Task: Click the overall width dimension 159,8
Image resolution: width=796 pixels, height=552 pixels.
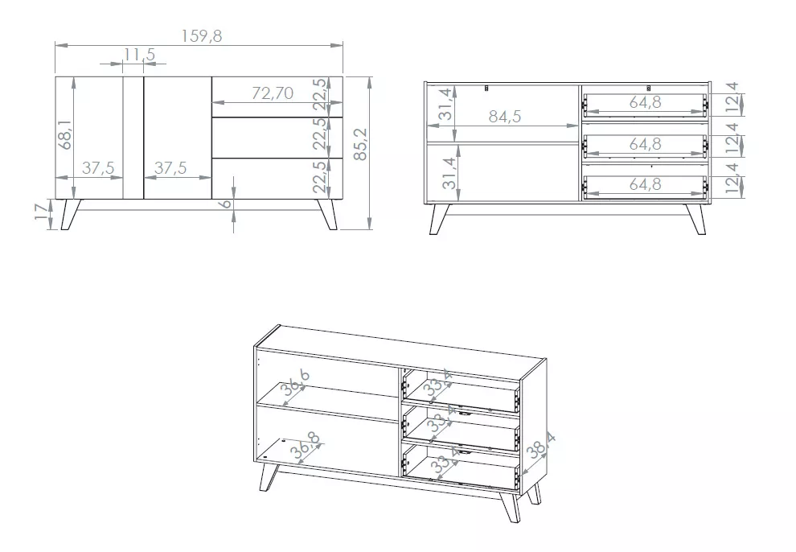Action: (202, 36)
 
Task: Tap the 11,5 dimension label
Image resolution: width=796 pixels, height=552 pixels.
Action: (139, 55)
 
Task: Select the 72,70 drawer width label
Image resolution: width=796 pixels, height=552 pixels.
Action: (273, 93)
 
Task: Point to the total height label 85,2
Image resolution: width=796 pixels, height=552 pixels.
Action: (360, 144)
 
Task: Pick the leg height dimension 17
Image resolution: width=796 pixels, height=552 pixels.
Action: (43, 211)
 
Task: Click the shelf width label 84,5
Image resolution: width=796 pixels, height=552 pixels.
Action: (505, 117)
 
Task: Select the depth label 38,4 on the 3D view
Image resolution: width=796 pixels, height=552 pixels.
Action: (540, 445)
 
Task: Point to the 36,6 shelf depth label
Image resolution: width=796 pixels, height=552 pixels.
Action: (296, 383)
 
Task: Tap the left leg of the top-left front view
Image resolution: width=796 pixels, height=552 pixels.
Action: (71, 214)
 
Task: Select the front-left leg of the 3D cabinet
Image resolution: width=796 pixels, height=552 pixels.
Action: (269, 477)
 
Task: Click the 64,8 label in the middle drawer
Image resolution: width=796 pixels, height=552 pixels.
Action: (645, 144)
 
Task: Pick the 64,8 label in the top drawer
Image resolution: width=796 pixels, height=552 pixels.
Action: (645, 102)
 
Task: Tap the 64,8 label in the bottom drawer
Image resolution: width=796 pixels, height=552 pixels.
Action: (645, 183)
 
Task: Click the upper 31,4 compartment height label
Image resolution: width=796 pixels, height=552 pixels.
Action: (445, 104)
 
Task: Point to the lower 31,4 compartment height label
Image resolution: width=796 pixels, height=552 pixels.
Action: (449, 173)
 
